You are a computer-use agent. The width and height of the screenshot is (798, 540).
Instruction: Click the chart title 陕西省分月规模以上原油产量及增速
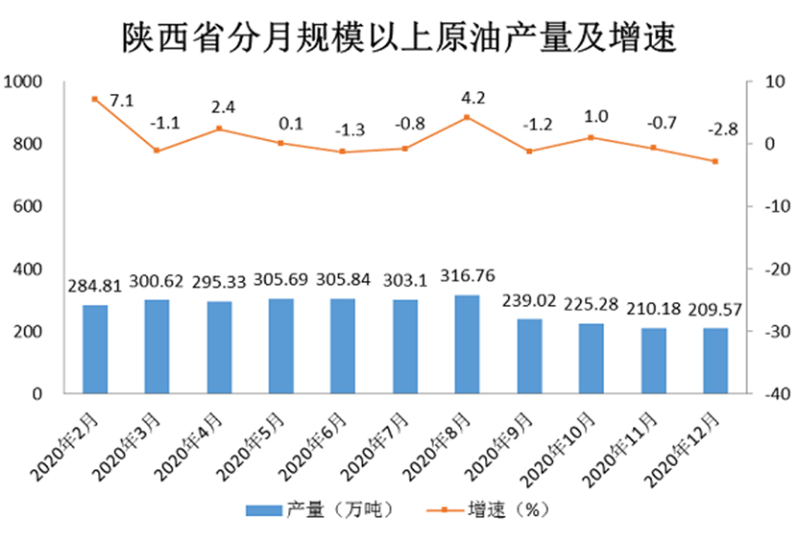(x=399, y=38)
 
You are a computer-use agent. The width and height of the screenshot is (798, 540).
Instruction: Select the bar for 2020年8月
(x=467, y=344)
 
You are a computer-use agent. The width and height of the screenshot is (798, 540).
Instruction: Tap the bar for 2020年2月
(x=95, y=349)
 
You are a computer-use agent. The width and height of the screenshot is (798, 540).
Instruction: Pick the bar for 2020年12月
(x=714, y=361)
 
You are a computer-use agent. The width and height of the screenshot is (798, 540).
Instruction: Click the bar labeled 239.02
(x=528, y=356)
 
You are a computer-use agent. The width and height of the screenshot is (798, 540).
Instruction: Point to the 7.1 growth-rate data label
(x=121, y=100)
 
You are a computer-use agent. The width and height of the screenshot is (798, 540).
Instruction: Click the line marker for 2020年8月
(x=467, y=118)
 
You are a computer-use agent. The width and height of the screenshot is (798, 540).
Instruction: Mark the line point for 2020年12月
(x=714, y=161)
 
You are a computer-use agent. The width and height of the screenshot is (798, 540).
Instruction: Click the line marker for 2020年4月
(x=219, y=129)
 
